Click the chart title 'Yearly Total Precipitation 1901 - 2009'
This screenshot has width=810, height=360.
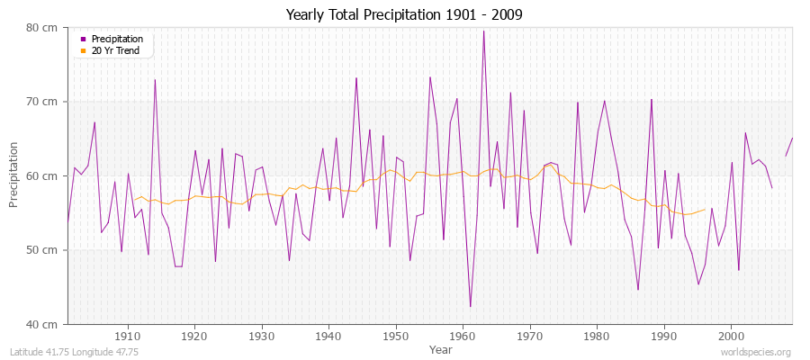tap(404, 15)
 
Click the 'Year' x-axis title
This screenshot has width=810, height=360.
tap(441, 348)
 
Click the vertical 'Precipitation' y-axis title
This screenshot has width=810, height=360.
tap(14, 175)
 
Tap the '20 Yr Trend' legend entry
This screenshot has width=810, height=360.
tap(112, 50)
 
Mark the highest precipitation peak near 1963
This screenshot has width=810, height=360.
tap(483, 31)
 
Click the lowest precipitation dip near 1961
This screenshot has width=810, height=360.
tap(470, 307)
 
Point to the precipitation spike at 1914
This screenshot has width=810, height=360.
tap(155, 80)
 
